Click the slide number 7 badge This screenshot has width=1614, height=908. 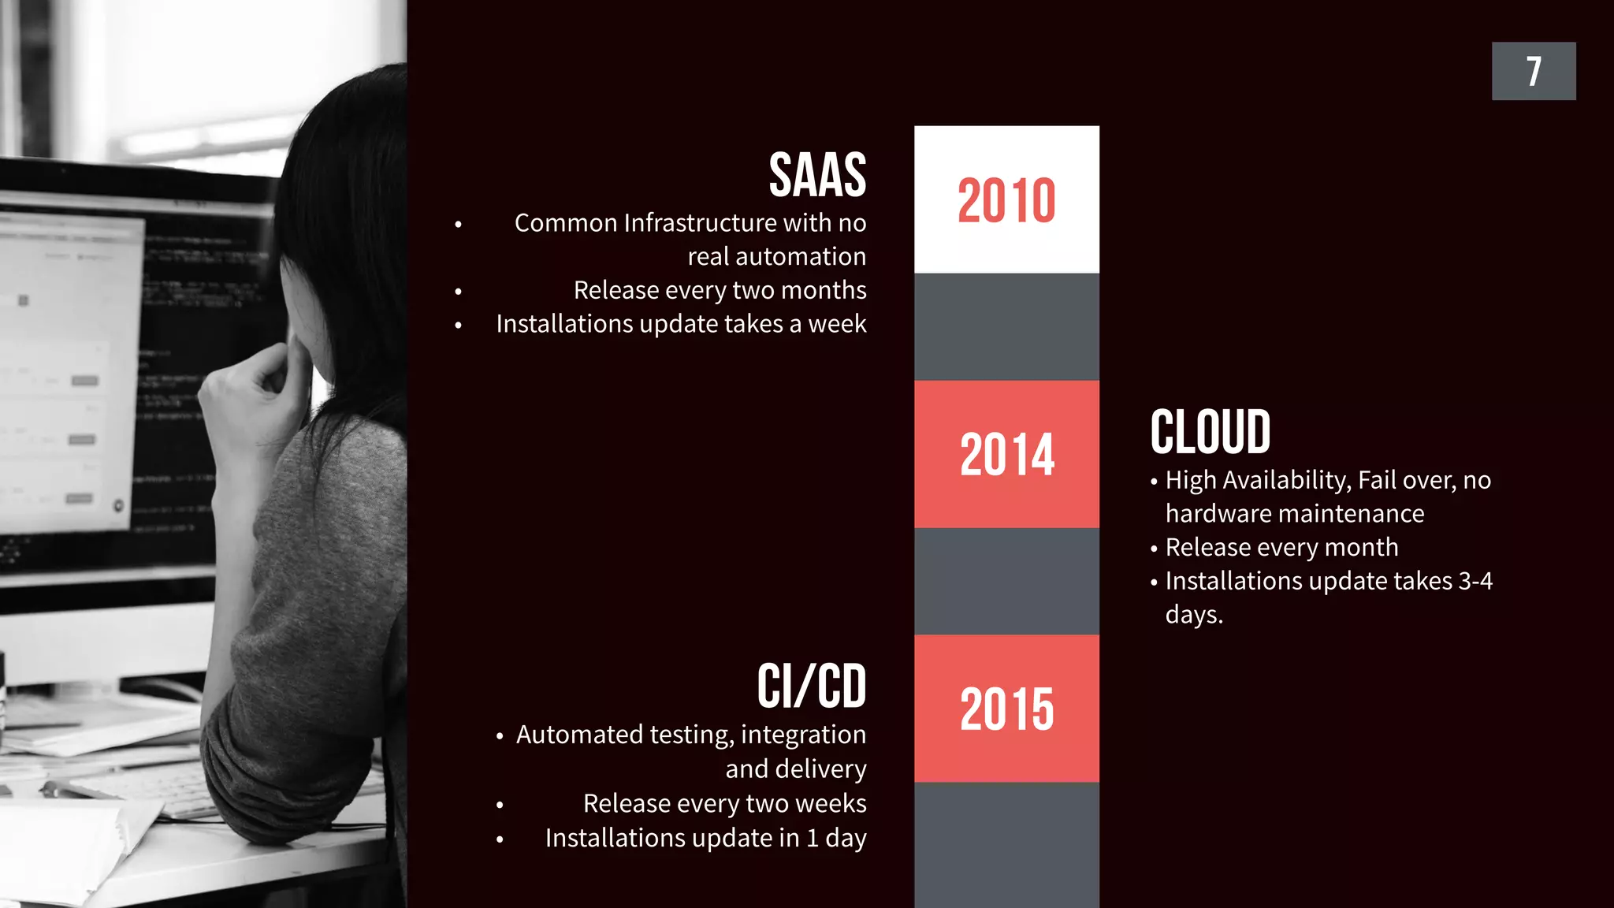tap(1533, 71)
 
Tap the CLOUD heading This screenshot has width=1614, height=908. tap(1210, 432)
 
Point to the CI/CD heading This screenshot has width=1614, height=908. tap(811, 686)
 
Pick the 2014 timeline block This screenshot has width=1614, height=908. tap(1006, 455)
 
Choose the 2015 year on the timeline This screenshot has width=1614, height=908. tap(1006, 709)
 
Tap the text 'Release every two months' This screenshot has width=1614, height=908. tap(720, 290)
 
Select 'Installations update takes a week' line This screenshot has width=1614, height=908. tap(681, 324)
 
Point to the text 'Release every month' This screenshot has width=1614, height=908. tap(1281, 547)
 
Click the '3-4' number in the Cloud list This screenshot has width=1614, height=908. tap(1475, 581)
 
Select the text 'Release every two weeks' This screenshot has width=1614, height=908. tap(724, 803)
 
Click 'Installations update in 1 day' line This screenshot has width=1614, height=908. tap(705, 838)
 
